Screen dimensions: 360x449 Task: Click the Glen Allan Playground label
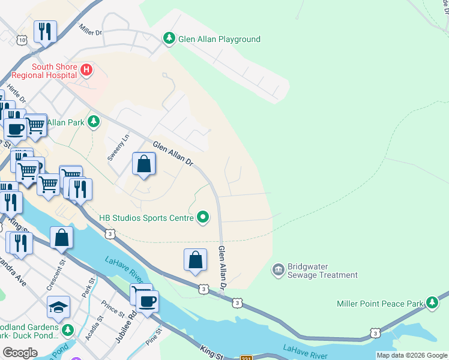click(x=219, y=40)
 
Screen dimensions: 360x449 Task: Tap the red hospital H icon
click(x=86, y=71)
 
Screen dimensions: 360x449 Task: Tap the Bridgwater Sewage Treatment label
click(x=322, y=271)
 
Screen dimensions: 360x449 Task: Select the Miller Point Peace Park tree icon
click(x=432, y=304)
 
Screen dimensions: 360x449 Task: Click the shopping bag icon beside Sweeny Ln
click(x=144, y=164)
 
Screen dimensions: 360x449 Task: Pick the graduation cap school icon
click(x=58, y=307)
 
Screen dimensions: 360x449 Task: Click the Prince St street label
click(x=112, y=311)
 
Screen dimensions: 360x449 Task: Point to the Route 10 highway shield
click(x=22, y=40)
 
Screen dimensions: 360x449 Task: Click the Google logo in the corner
click(x=20, y=352)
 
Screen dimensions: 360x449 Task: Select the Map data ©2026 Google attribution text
click(x=412, y=355)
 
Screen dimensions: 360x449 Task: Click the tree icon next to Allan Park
click(x=93, y=122)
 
